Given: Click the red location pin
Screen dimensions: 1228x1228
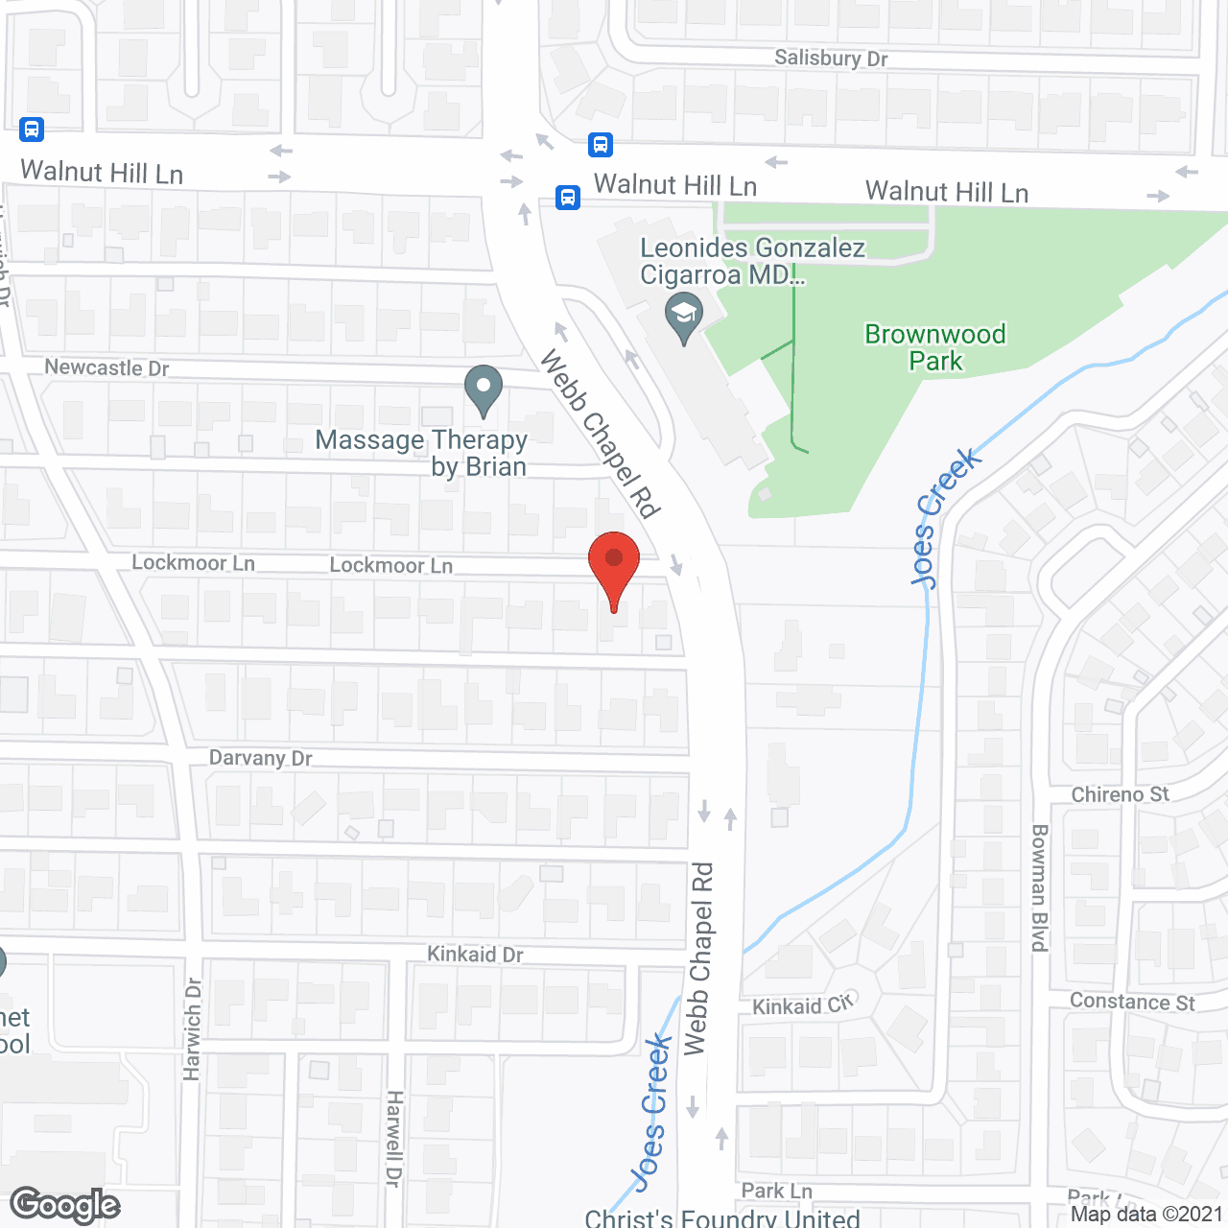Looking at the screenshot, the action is click(613, 566).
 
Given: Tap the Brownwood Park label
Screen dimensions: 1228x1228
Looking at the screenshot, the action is click(935, 347).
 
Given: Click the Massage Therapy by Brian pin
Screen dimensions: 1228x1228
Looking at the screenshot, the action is click(484, 390).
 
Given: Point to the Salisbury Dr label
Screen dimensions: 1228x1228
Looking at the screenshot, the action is click(831, 59).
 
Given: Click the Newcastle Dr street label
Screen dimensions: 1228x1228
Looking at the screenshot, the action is click(106, 367).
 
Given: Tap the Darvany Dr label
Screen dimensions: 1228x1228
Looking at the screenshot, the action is click(261, 758).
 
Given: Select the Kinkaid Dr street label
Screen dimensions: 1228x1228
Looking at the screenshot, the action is click(475, 955).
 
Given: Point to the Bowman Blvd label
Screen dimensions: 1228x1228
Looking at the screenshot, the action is click(1040, 887).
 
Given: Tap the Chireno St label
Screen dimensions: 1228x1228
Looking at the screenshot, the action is click(1121, 794).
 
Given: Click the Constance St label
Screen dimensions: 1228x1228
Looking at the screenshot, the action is click(1132, 1002).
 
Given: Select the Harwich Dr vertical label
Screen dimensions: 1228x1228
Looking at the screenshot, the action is click(193, 1028).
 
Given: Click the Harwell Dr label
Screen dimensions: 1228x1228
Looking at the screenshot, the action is click(393, 1139).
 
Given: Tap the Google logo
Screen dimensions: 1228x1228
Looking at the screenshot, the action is click(65, 1205).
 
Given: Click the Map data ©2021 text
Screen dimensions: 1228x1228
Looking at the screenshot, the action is click(1146, 1214).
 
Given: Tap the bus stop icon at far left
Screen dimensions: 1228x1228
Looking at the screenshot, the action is click(32, 129).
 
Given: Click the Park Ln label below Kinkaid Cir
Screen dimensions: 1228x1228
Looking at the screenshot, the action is click(776, 1191).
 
